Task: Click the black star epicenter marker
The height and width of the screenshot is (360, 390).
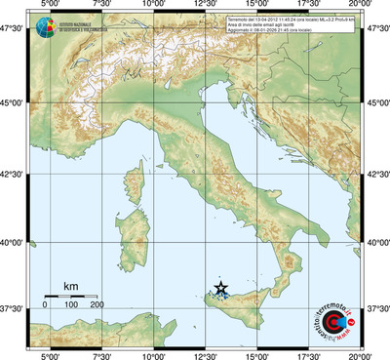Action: pyautogui.click(x=221, y=288)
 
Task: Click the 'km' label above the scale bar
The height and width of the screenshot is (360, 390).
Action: pyautogui.click(x=70, y=287)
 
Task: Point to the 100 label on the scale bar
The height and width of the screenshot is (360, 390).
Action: pyautogui.click(x=71, y=305)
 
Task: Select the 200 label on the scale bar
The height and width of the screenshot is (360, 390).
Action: pyautogui.click(x=97, y=305)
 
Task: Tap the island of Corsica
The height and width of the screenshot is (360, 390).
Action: pyautogui.click(x=139, y=185)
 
